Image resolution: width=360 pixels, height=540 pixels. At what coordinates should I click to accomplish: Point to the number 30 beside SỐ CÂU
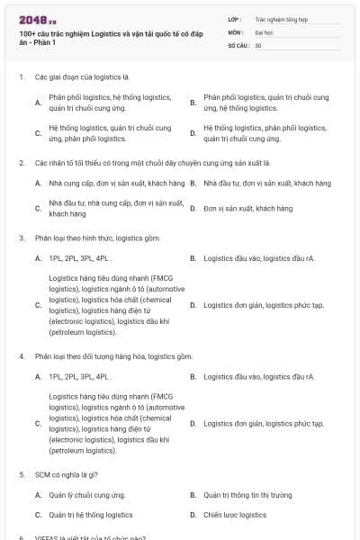point(258,45)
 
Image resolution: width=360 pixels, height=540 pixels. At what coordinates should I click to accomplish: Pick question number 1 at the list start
point(22,77)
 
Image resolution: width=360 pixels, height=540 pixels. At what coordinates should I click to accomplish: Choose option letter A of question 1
point(38,103)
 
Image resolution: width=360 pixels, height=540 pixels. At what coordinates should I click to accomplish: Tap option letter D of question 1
point(193,134)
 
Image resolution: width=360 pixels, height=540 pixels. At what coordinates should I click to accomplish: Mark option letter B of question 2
point(193,183)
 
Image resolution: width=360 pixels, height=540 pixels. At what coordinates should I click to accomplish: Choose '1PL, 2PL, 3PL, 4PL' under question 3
point(80,258)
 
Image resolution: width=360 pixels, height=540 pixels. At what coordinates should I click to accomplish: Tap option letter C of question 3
point(38,305)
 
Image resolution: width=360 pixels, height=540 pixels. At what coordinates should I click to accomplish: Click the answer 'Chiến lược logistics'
point(235,515)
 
